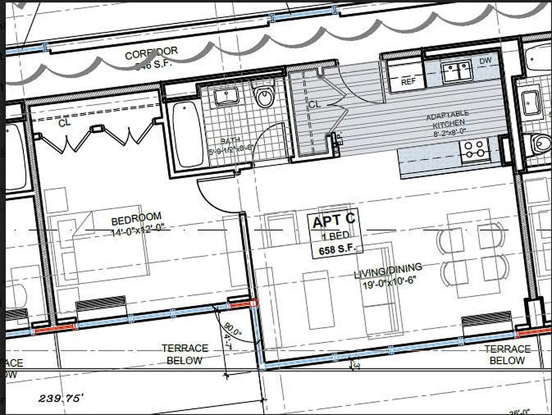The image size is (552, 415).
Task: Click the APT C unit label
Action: [x=334, y=222]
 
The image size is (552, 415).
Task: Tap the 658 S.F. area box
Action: [x=335, y=250]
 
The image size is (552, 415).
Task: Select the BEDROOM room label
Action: [x=136, y=217]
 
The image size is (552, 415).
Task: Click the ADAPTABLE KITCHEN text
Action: [x=447, y=117]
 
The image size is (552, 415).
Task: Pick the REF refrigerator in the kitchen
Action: [x=409, y=81]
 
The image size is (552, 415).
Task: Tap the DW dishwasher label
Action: [x=485, y=61]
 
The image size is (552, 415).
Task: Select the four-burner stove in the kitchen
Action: [x=475, y=149]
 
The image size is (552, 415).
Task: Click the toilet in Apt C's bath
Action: [x=265, y=96]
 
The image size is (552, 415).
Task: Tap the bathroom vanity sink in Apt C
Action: [x=226, y=96]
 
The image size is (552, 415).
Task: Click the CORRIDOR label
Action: [x=151, y=53]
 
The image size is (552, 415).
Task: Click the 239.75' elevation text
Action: [x=61, y=398]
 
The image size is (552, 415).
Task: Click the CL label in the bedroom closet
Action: [x=64, y=123]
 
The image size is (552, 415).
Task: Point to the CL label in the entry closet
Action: [x=314, y=104]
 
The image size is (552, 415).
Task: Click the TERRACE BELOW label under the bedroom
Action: [x=185, y=354]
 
